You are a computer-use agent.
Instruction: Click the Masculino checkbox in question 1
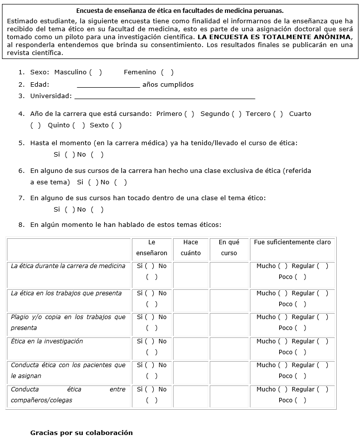(x=96, y=72)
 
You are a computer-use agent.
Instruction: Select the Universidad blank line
(x=164, y=97)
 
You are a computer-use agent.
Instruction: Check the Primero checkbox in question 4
(x=189, y=114)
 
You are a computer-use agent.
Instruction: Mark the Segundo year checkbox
(x=237, y=114)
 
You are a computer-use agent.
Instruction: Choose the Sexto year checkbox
(x=117, y=125)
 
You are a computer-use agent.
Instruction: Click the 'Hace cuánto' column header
(x=190, y=248)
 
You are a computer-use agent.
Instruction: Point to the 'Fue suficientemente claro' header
(x=292, y=242)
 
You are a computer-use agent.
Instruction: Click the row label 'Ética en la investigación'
(x=47, y=341)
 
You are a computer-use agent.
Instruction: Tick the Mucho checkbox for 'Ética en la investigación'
(x=283, y=341)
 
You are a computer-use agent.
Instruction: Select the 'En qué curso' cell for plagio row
(x=229, y=323)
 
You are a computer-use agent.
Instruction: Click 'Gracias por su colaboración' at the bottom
(x=81, y=433)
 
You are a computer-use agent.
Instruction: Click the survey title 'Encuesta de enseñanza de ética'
(x=180, y=10)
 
